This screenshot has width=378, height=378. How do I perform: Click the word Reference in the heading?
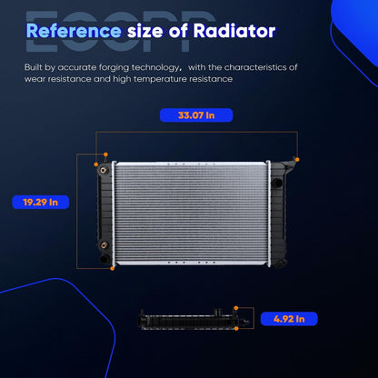click(x=74, y=31)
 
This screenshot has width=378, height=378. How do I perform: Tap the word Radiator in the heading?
click(x=234, y=31)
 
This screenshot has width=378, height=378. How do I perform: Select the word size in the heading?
click(x=145, y=31)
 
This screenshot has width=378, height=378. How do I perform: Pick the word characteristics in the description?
click(x=256, y=67)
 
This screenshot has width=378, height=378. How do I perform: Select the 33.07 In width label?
click(x=196, y=115)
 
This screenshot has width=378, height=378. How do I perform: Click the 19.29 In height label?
click(x=41, y=202)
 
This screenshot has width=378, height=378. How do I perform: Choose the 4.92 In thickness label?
click(x=289, y=319)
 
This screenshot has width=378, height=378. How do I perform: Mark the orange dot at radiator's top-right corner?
click(x=297, y=159)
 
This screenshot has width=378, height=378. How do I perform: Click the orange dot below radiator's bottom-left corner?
click(x=113, y=268)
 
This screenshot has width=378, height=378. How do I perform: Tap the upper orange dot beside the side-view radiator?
click(x=236, y=308)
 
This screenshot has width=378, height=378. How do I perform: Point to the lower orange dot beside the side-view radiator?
click(x=236, y=328)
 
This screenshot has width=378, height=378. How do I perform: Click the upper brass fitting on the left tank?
click(x=104, y=170)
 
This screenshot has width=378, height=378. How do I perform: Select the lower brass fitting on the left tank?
click(x=104, y=244)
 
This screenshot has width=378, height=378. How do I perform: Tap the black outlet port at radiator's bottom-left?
click(x=104, y=259)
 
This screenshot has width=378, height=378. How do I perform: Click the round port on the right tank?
click(x=277, y=183)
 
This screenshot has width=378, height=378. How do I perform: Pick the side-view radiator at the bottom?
click(x=194, y=319)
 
